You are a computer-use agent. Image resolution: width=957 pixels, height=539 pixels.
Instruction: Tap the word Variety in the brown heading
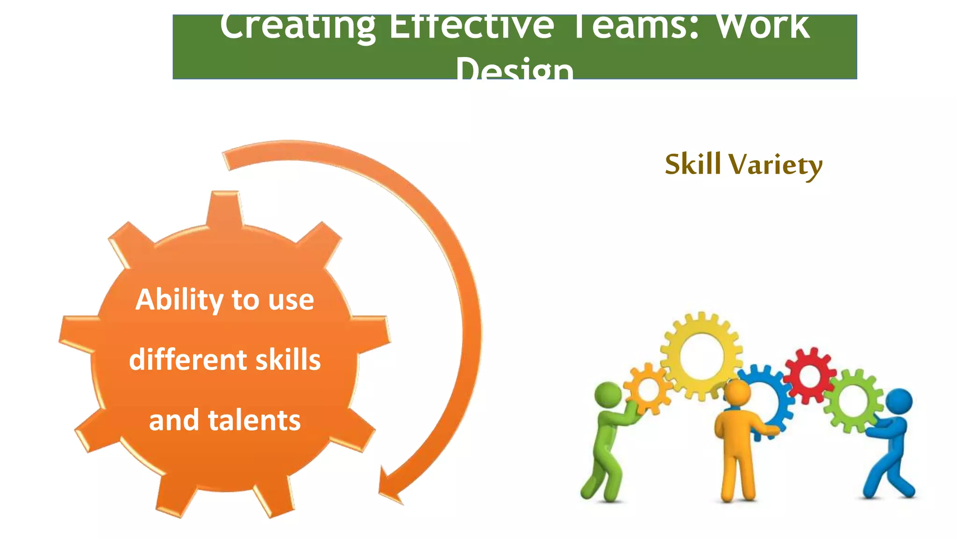(x=775, y=165)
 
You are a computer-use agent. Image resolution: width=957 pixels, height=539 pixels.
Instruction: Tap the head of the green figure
(x=608, y=394)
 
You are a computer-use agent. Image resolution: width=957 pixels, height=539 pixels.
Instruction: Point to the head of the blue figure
(x=899, y=401)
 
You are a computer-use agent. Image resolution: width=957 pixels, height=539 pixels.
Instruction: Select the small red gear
(x=810, y=375)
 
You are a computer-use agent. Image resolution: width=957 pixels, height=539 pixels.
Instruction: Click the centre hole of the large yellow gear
(x=701, y=357)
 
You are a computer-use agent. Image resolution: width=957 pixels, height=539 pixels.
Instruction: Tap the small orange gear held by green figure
(x=648, y=389)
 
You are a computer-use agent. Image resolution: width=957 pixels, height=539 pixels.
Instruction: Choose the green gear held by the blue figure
(x=853, y=401)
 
